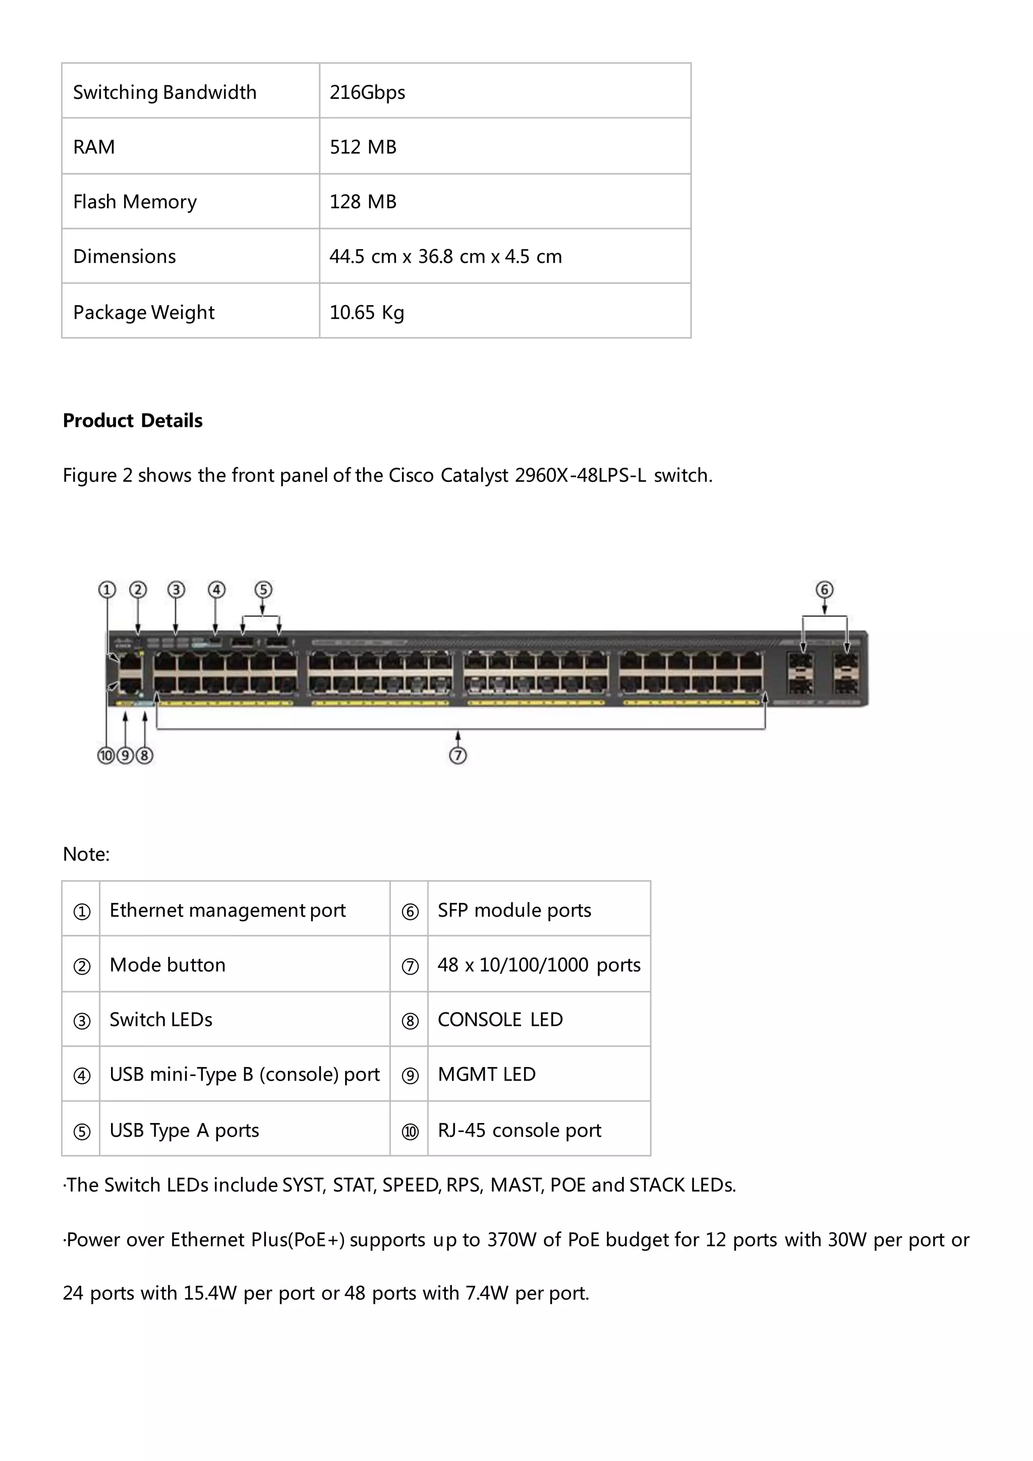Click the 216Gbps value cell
367,92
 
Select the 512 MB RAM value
363,147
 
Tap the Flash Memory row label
135,202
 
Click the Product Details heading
132,421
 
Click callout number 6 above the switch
824,590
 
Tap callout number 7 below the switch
458,755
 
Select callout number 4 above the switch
216,590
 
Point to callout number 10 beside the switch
105,755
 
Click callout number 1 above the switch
107,590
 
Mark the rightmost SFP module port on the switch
846,673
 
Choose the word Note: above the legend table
86,854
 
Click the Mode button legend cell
167,965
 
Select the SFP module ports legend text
514,910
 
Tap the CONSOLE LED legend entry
500,1020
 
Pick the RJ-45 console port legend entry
519,1130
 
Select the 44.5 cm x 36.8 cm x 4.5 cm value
445,256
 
